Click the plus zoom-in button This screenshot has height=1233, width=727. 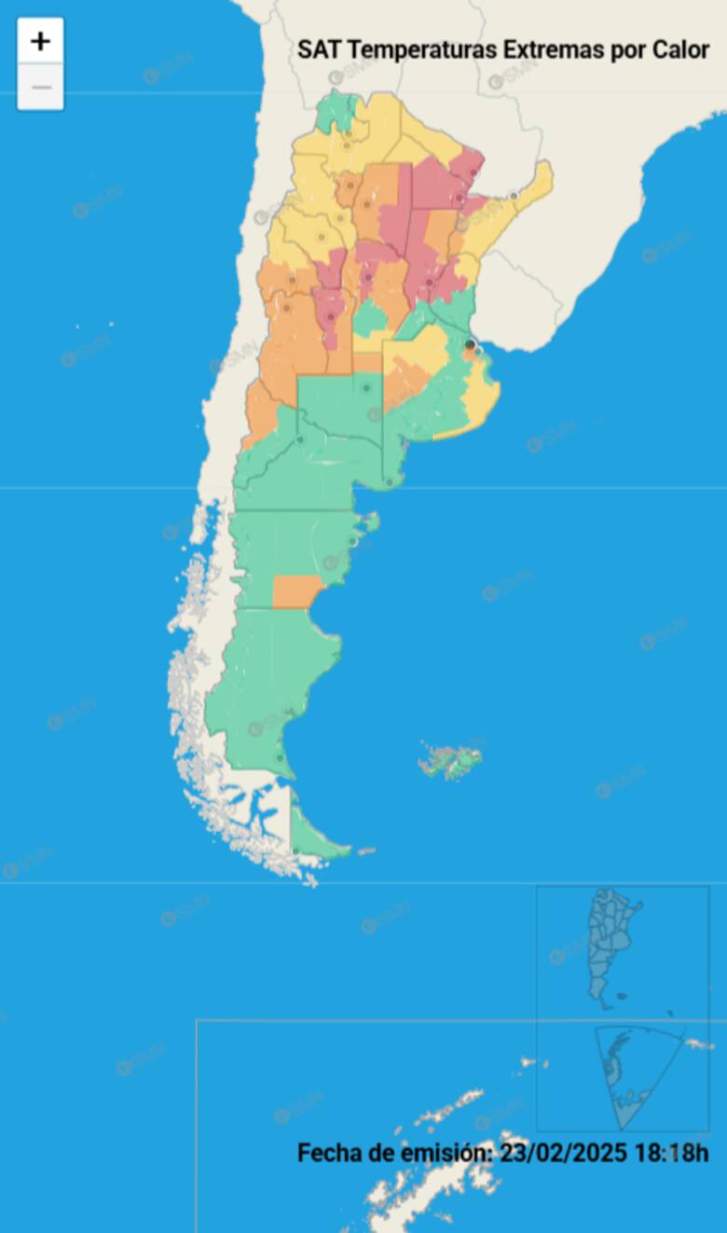(40, 41)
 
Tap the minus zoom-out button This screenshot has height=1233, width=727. (40, 89)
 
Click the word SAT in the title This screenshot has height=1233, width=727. (313, 50)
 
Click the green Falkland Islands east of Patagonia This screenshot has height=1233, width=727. (452, 762)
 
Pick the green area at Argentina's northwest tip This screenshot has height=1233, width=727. (336, 111)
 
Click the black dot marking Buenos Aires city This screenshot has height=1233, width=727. (470, 345)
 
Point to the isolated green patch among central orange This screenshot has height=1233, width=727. (369, 318)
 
